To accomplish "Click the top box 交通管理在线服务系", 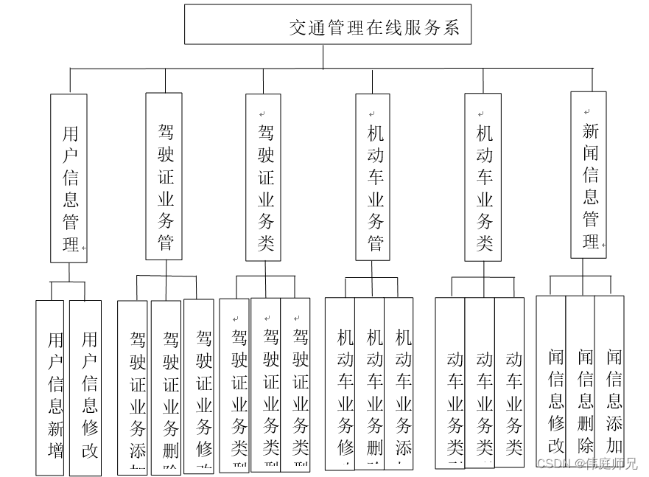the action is pyautogui.click(x=327, y=26).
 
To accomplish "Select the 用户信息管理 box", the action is pyautogui.click(x=69, y=178).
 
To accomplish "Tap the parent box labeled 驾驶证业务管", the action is pyautogui.click(x=164, y=176).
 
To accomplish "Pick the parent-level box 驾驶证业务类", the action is pyautogui.click(x=264, y=177).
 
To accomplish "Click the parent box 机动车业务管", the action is pyautogui.click(x=373, y=177).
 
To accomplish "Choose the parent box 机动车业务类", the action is pyautogui.click(x=483, y=177).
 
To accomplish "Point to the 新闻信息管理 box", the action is pyautogui.click(x=589, y=175).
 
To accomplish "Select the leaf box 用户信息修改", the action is pyautogui.click(x=85, y=387).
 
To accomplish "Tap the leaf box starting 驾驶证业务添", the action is pyautogui.click(x=134, y=387).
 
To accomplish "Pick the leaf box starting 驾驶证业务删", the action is pyautogui.click(x=166, y=387).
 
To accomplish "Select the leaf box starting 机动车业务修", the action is pyautogui.click(x=340, y=383).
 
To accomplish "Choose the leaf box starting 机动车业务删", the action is pyautogui.click(x=370, y=383).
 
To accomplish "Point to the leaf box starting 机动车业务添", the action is pyautogui.click(x=399, y=383).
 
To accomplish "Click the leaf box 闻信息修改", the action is pyautogui.click(x=551, y=380).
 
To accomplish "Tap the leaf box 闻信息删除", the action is pyautogui.click(x=580, y=380).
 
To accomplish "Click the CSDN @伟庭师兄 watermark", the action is pyautogui.click(x=586, y=464).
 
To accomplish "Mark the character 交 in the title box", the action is pyautogui.click(x=298, y=27).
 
